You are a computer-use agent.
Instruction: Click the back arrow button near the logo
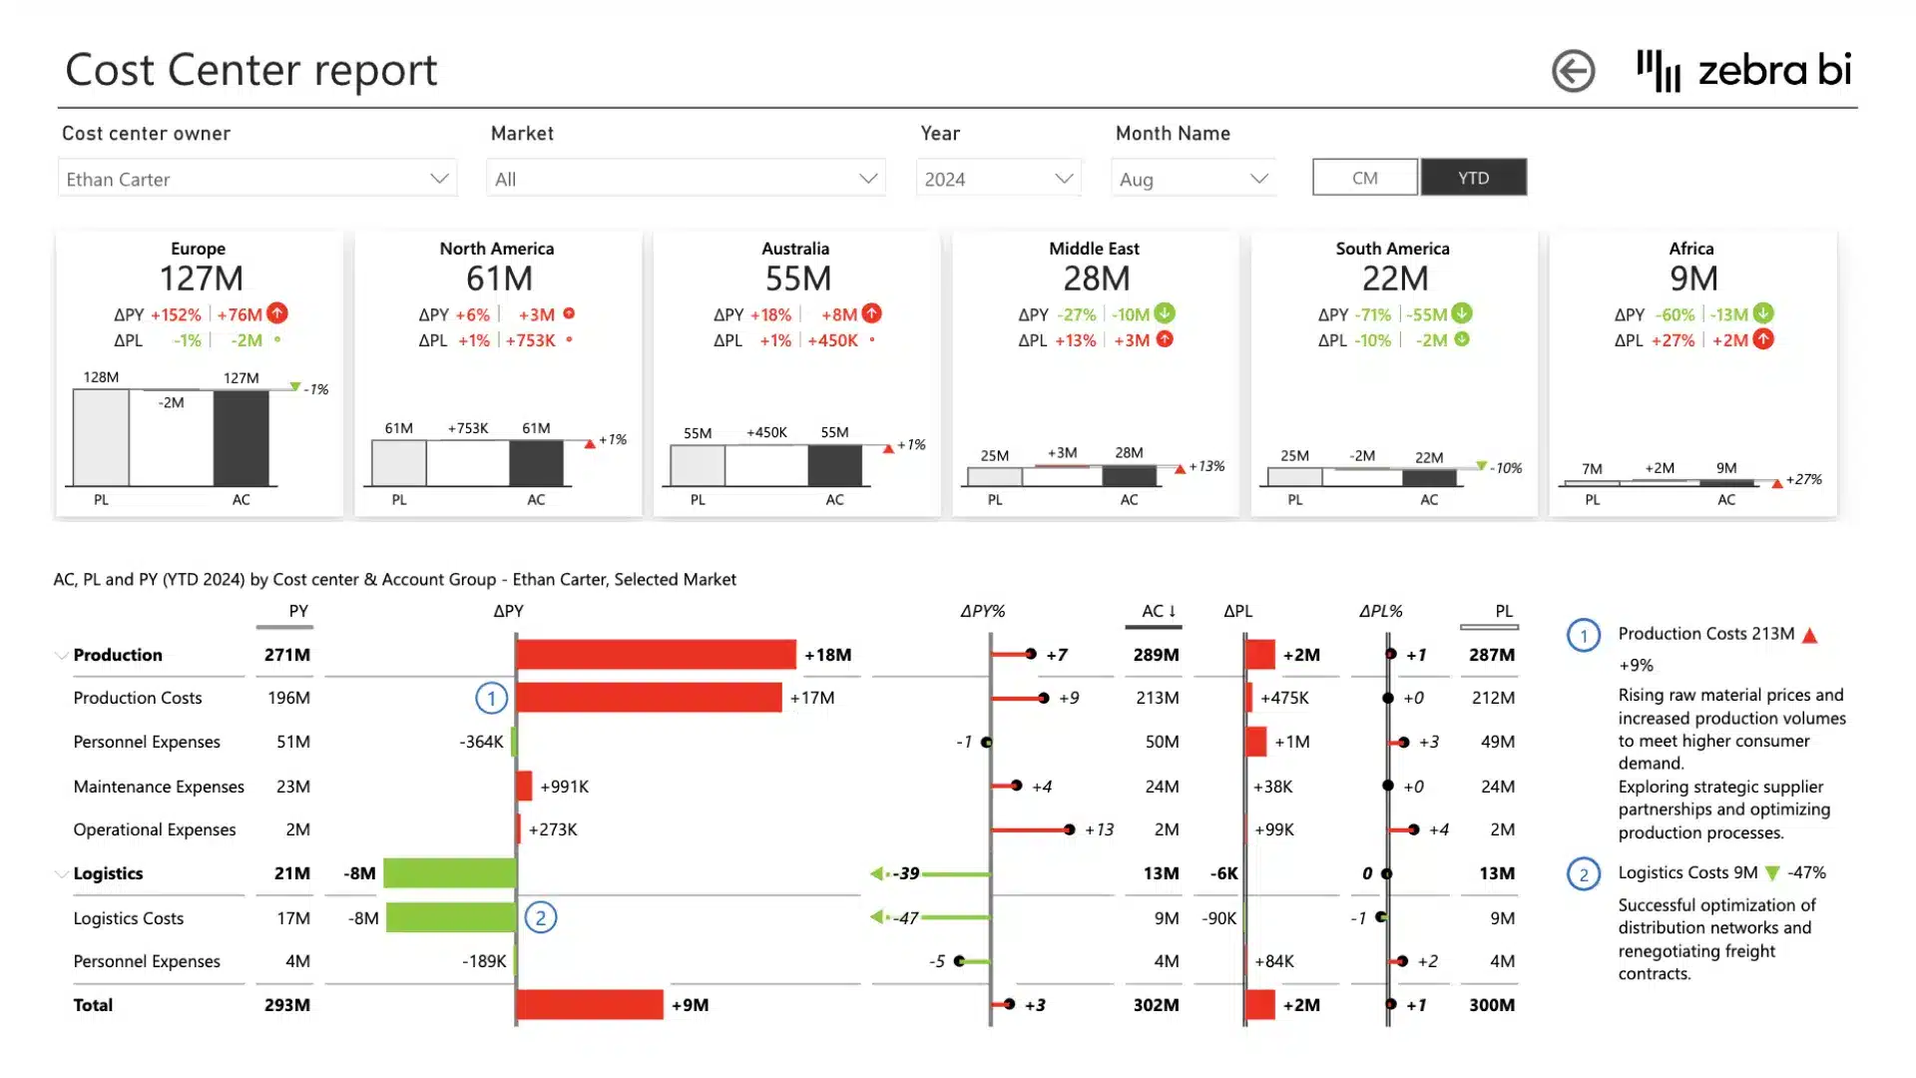click(1573, 71)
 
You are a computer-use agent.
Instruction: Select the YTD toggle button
click(1473, 178)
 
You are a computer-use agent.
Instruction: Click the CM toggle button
click(1364, 178)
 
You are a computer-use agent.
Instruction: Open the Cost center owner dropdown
click(257, 179)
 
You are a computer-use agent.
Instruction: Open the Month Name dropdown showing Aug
click(1194, 179)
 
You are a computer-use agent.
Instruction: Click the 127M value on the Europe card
click(201, 278)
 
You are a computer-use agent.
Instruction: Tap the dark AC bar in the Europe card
click(240, 438)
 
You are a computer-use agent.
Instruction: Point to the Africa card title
click(1690, 249)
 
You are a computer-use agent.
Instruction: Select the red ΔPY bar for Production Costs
click(649, 698)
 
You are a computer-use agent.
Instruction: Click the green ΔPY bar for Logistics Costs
click(451, 917)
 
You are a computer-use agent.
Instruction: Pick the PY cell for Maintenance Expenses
click(292, 787)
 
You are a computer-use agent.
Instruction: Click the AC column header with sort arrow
click(1158, 611)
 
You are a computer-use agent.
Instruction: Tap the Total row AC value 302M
click(1156, 1005)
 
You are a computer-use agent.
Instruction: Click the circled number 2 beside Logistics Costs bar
click(541, 917)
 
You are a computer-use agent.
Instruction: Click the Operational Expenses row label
click(155, 829)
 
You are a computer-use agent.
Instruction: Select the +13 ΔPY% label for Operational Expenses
click(1099, 829)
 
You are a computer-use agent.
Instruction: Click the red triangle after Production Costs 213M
click(1809, 635)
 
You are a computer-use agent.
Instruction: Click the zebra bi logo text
click(1773, 70)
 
